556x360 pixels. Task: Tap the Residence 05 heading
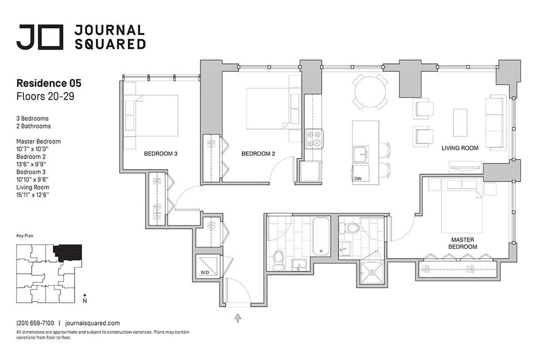click(49, 83)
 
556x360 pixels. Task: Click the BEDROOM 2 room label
click(258, 154)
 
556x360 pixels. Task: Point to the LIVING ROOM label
click(460, 149)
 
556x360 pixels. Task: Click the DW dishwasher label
click(358, 179)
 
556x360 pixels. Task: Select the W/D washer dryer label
click(205, 273)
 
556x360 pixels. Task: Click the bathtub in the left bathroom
click(321, 236)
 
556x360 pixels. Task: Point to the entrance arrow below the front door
click(238, 317)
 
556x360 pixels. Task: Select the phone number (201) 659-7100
click(35, 323)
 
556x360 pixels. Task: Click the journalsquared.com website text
click(92, 323)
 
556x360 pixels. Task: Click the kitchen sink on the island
click(361, 153)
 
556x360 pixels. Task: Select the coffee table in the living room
click(460, 122)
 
